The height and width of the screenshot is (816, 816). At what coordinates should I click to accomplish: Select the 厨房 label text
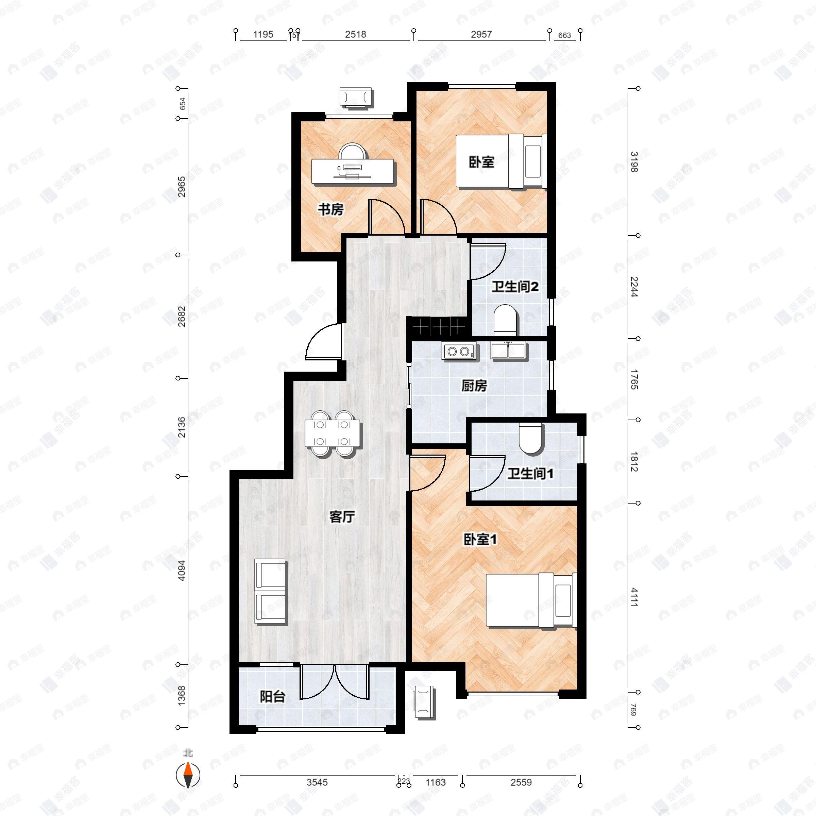[474, 386]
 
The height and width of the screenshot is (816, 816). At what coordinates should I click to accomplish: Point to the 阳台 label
[272, 696]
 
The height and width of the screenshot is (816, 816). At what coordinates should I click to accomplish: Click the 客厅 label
[342, 517]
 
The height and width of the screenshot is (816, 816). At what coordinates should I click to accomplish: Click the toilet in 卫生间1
[530, 439]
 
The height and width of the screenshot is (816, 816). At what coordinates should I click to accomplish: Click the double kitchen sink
[509, 351]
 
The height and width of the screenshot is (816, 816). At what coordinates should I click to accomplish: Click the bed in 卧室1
[531, 600]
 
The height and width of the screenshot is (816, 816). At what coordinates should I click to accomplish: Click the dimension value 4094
[182, 570]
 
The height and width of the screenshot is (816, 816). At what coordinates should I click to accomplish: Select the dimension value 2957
[481, 35]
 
